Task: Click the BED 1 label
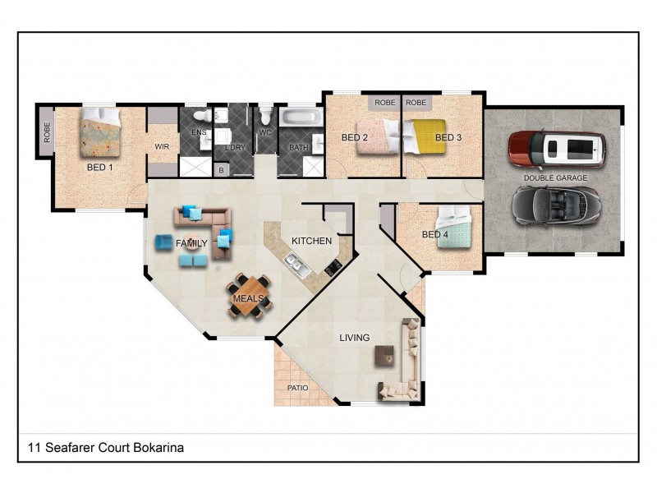click(100, 166)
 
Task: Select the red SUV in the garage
click(556, 150)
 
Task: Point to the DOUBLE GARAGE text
click(556, 177)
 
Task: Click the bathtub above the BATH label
click(301, 117)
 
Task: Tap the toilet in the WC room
click(265, 117)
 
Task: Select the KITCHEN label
click(311, 241)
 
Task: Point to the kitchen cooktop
click(333, 266)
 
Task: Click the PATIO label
click(297, 386)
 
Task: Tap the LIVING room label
click(355, 338)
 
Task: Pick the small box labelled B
click(221, 170)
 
